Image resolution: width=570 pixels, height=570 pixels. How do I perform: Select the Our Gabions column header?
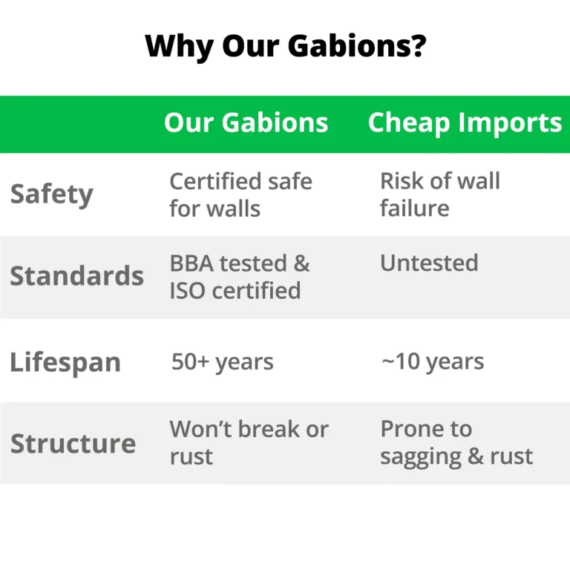(x=246, y=122)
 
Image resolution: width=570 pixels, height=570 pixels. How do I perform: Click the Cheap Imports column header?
(x=465, y=123)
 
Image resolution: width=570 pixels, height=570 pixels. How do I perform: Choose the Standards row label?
(x=76, y=275)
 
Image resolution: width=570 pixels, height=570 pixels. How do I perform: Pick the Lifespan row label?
(x=65, y=362)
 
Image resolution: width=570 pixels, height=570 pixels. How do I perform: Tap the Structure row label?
(x=73, y=444)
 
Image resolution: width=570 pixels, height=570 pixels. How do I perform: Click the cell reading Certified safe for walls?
(x=240, y=195)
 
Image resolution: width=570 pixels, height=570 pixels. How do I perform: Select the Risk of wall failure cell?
(x=440, y=194)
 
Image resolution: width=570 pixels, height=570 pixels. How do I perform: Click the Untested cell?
(x=429, y=263)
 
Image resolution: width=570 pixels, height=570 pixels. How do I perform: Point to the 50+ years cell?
(x=222, y=362)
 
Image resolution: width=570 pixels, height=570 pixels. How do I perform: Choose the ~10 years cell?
(x=433, y=362)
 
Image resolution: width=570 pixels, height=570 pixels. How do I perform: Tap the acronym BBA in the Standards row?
(x=191, y=263)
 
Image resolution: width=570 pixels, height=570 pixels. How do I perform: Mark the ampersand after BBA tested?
(x=302, y=263)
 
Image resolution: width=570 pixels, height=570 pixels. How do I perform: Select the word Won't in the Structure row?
(x=200, y=429)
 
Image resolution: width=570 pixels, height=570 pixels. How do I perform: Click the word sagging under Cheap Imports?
(x=421, y=457)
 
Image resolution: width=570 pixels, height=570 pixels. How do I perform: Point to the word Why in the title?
(x=179, y=47)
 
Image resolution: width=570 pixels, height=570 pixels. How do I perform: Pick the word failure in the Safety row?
(x=414, y=208)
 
